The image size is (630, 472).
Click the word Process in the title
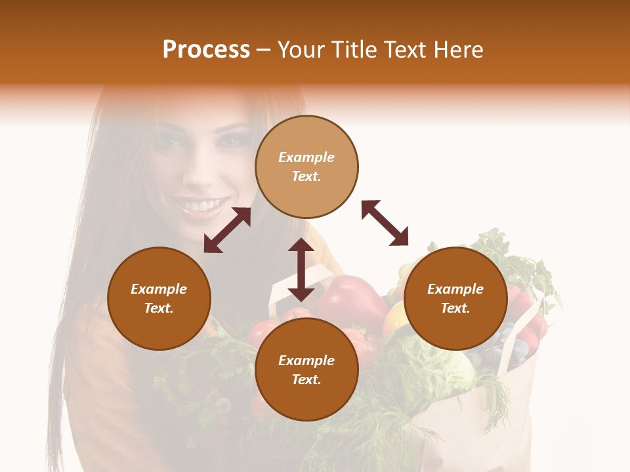coord(206,50)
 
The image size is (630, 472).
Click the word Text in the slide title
coord(404,50)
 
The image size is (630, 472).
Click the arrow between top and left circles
coord(227,230)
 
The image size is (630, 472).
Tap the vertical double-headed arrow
coord(301,269)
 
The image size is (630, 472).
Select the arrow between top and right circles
coord(385,223)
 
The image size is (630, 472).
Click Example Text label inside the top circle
coord(306,167)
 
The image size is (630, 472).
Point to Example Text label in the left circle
coord(159,298)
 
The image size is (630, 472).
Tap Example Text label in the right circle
coord(455,298)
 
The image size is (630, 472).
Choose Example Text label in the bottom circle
coord(306,370)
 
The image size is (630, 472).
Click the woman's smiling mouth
coord(200,206)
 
